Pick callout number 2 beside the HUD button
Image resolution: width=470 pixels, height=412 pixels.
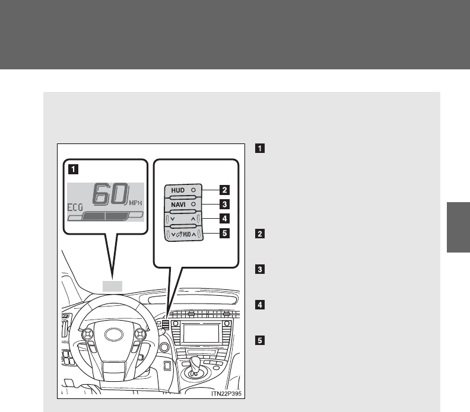(224, 190)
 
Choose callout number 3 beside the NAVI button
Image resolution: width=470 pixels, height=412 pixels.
(224, 205)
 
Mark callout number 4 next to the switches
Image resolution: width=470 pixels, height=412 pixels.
(224, 219)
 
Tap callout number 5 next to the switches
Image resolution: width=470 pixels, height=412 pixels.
(224, 233)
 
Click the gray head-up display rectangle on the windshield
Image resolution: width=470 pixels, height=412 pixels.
(112, 286)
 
